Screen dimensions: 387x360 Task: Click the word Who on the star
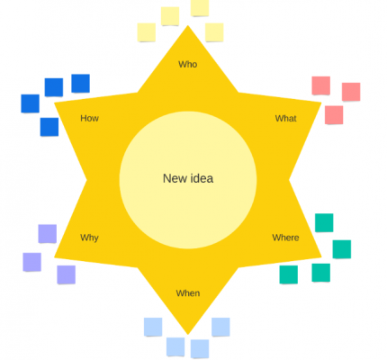pyautogui.click(x=188, y=64)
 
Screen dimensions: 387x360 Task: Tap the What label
pyautogui.click(x=285, y=118)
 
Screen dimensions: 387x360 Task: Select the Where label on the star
pyautogui.click(x=285, y=238)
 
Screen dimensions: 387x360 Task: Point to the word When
pyautogui.click(x=188, y=293)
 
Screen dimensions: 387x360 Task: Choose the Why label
pyautogui.click(x=89, y=238)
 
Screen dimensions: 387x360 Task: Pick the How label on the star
pyautogui.click(x=89, y=118)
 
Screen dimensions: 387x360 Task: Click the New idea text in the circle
pyautogui.click(x=188, y=178)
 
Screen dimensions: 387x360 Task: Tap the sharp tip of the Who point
pyautogui.click(x=188, y=25)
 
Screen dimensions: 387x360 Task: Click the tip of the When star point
pyautogui.click(x=188, y=335)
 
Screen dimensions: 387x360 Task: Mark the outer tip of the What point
pyautogui.click(x=321, y=103)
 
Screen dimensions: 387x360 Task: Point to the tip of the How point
pyautogui.click(x=54, y=103)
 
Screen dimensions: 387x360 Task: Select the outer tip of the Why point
pyautogui.click(x=54, y=257)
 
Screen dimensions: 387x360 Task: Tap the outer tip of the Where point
pyautogui.click(x=321, y=257)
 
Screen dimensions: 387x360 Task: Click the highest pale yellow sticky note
pyautogui.click(x=200, y=7)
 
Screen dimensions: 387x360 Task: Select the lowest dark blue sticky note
pyautogui.click(x=49, y=127)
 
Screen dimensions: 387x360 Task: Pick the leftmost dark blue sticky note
pyautogui.click(x=30, y=103)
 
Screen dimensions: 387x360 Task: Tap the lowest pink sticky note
pyautogui.click(x=334, y=115)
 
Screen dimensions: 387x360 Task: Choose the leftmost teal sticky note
pyautogui.click(x=289, y=274)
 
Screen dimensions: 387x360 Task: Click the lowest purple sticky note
pyautogui.click(x=67, y=274)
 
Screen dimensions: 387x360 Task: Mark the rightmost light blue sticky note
pyautogui.click(x=220, y=327)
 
